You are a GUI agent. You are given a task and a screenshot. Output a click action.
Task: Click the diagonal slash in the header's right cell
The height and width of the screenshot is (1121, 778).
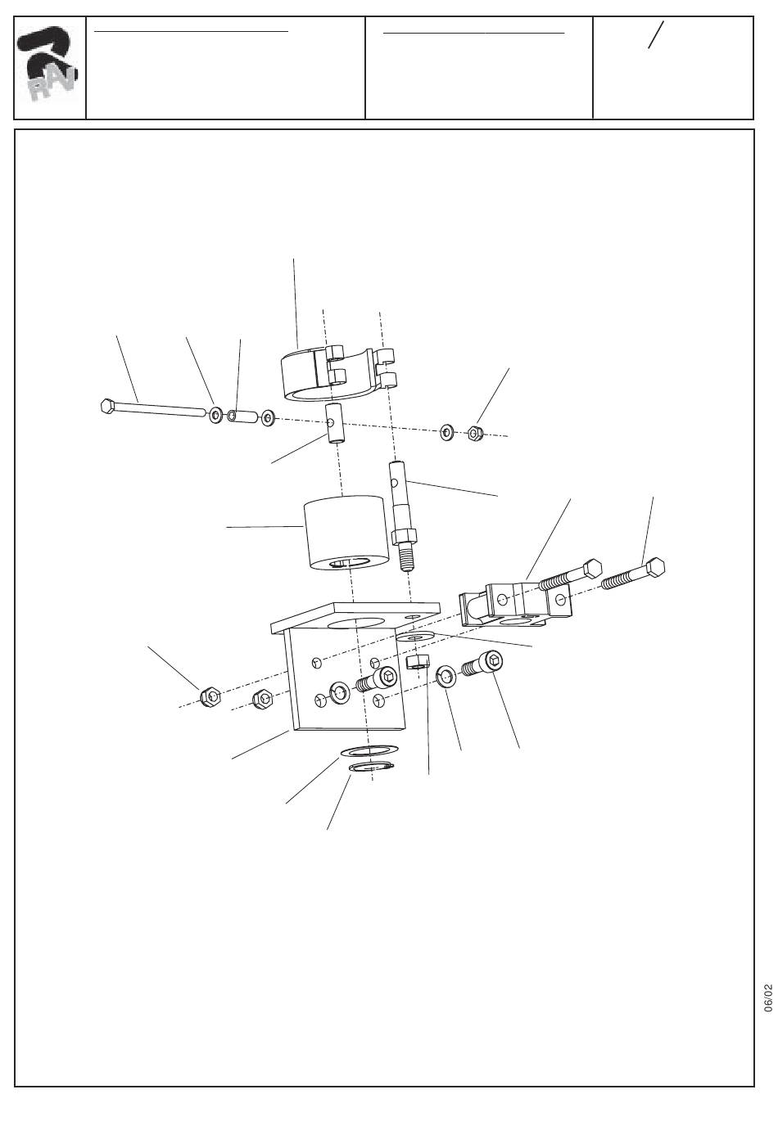click(656, 34)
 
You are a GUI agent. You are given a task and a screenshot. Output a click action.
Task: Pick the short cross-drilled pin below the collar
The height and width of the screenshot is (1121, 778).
click(335, 423)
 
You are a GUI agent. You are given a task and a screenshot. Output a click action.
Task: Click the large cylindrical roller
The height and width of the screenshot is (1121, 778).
click(346, 533)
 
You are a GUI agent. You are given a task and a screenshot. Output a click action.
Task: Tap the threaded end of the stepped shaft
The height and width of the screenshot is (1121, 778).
click(406, 560)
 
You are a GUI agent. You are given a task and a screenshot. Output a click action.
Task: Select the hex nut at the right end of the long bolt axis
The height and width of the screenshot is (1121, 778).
click(474, 432)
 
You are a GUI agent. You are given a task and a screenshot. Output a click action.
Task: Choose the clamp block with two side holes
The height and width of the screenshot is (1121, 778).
click(515, 604)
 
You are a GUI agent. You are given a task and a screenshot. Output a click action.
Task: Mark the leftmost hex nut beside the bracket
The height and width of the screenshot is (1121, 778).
click(210, 696)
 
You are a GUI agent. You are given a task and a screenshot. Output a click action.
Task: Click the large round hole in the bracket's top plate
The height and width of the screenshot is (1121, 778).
click(355, 624)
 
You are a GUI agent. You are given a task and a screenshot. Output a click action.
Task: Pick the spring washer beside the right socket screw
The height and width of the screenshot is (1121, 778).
click(446, 678)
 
